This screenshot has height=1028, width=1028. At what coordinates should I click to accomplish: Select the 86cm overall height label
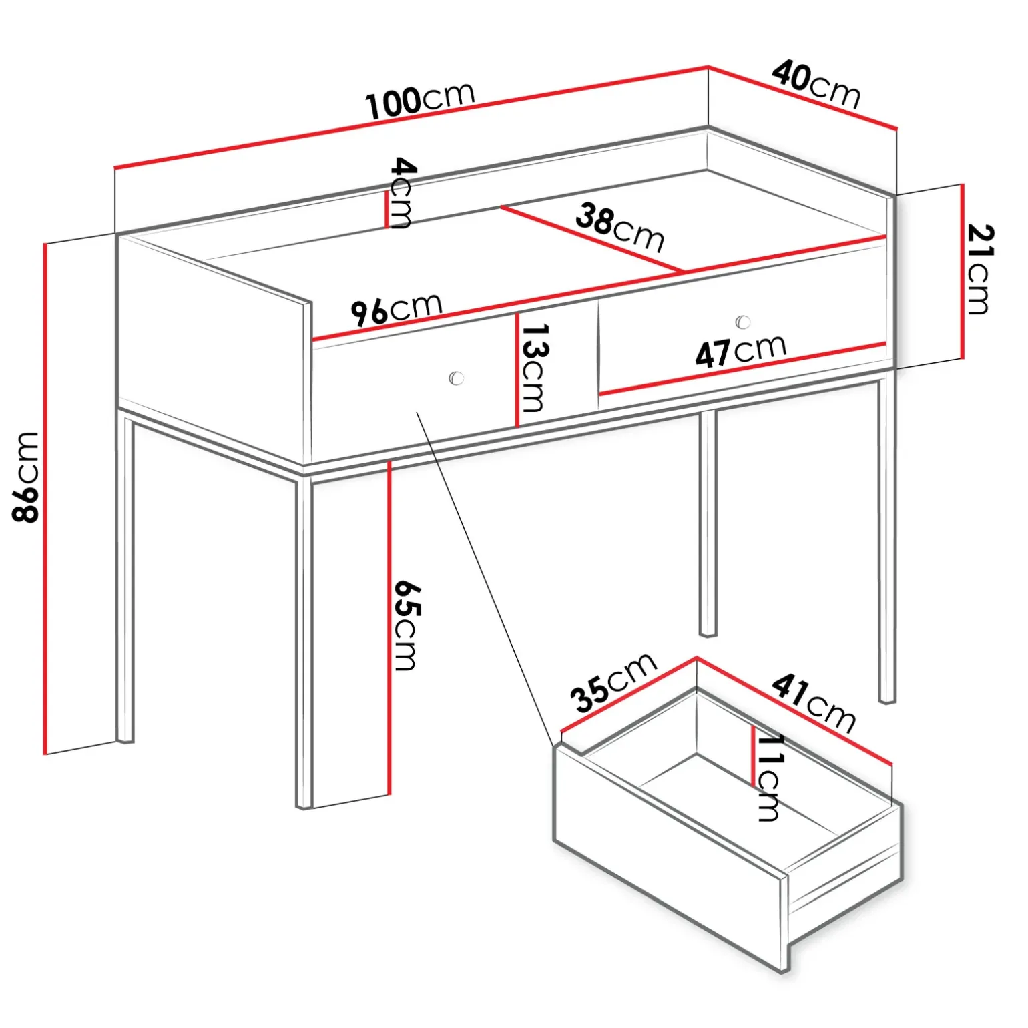pyautogui.click(x=26, y=476)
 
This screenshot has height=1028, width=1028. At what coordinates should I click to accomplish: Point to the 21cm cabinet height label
pyautogui.click(x=981, y=269)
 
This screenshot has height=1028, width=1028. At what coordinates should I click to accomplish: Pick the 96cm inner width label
pyautogui.click(x=397, y=308)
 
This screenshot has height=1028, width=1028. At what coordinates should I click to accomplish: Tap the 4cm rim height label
pyautogui.click(x=402, y=193)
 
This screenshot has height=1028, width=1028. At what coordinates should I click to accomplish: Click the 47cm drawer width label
pyautogui.click(x=741, y=350)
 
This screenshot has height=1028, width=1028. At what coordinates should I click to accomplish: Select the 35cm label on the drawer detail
pyautogui.click(x=613, y=682)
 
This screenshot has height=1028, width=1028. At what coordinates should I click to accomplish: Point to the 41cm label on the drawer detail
pyautogui.click(x=814, y=704)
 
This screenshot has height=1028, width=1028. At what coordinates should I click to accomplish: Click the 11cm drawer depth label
pyautogui.click(x=769, y=778)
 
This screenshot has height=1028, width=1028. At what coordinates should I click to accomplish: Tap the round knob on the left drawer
pyautogui.click(x=457, y=378)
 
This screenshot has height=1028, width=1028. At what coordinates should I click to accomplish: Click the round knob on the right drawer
pyautogui.click(x=743, y=322)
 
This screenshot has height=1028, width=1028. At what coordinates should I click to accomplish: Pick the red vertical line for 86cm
pyautogui.click(x=45, y=499)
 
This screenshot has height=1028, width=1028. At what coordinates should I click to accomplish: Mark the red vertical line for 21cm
pyautogui.click(x=962, y=271)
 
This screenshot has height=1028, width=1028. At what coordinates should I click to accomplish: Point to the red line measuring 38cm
pyautogui.click(x=592, y=239)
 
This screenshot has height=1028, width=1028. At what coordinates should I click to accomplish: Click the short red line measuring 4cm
pyautogui.click(x=386, y=210)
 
